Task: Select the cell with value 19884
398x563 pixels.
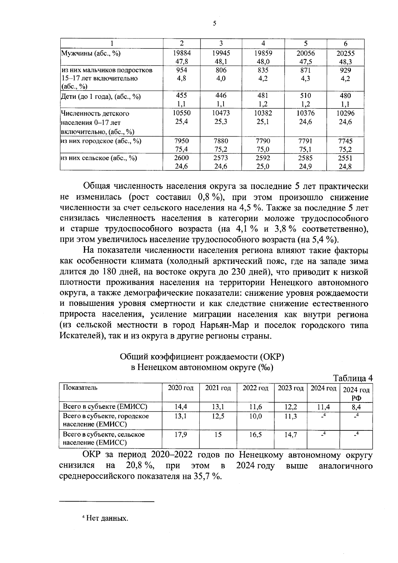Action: (x=182, y=53)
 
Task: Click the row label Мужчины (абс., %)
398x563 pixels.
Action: (x=90, y=53)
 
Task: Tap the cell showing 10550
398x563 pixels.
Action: (x=182, y=113)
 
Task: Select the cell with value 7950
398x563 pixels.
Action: (x=182, y=141)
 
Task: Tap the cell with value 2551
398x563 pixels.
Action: (x=345, y=158)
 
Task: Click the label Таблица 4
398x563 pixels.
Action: (x=353, y=378)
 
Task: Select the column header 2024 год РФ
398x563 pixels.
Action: (x=356, y=394)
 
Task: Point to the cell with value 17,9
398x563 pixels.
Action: (x=181, y=434)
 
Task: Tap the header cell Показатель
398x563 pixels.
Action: (x=80, y=388)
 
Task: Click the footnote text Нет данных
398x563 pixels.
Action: (x=106, y=518)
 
